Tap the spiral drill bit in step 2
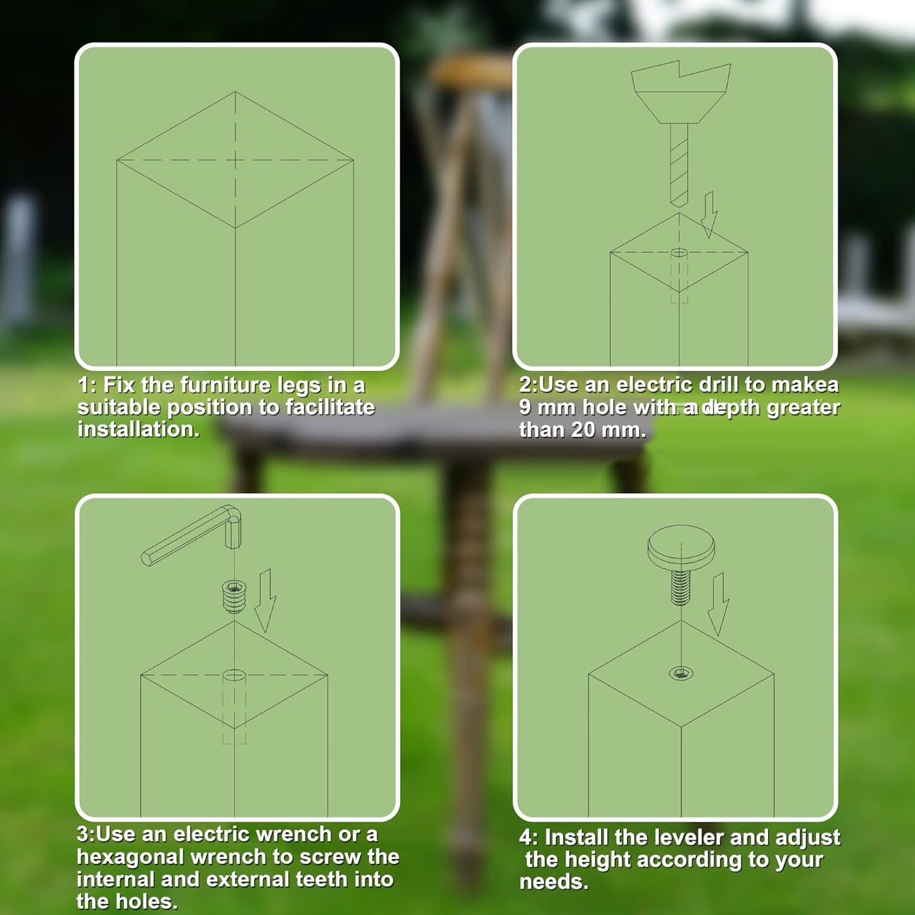679,165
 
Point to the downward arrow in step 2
709,215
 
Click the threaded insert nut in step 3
234,597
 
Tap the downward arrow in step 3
265,600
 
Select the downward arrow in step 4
719,604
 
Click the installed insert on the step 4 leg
681,673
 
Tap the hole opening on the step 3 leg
234,675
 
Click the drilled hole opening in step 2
679,252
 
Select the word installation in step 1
138,429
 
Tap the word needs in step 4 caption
553,882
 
